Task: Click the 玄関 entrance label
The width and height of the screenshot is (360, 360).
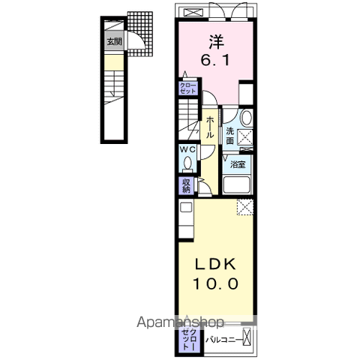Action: pos(115,41)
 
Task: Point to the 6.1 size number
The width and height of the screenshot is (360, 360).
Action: pos(215,60)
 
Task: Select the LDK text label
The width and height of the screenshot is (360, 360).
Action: pos(215,264)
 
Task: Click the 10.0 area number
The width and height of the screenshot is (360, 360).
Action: pos(215,283)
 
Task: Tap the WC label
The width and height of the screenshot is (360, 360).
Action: pos(188,149)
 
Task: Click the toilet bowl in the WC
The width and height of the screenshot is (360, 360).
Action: pos(187,163)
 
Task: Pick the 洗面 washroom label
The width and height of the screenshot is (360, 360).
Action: pos(229,136)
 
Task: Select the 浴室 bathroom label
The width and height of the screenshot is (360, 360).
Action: pos(238,164)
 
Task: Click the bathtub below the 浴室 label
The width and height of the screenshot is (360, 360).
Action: pos(237,184)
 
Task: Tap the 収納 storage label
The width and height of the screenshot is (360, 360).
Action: pos(186,186)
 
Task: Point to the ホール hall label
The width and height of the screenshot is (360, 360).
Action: pos(210,127)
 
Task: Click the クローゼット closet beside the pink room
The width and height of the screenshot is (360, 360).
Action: pos(187,88)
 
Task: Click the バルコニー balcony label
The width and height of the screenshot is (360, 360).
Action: pos(224,340)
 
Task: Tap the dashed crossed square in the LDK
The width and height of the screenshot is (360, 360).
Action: pos(245,207)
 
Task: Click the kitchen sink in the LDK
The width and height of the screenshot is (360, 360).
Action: pos(186,207)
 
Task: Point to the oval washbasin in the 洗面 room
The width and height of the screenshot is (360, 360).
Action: pos(246,118)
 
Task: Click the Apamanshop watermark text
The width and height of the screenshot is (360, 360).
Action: pos(180,322)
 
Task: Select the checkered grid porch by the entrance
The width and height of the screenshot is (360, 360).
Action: pos(141,34)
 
